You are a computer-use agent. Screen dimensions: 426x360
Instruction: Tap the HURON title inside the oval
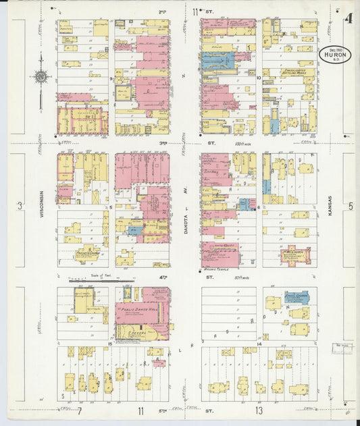pyautogui.click(x=335, y=57)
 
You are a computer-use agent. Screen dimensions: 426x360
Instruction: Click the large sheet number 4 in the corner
pyautogui.click(x=349, y=18)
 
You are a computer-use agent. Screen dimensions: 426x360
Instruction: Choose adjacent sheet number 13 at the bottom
pyautogui.click(x=258, y=410)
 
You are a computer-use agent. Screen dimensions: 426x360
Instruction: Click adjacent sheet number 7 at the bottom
pyautogui.click(x=79, y=410)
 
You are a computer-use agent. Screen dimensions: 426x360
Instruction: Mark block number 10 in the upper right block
pyautogui.click(x=259, y=78)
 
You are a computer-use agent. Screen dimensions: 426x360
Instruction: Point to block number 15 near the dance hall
pyautogui.click(x=109, y=344)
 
